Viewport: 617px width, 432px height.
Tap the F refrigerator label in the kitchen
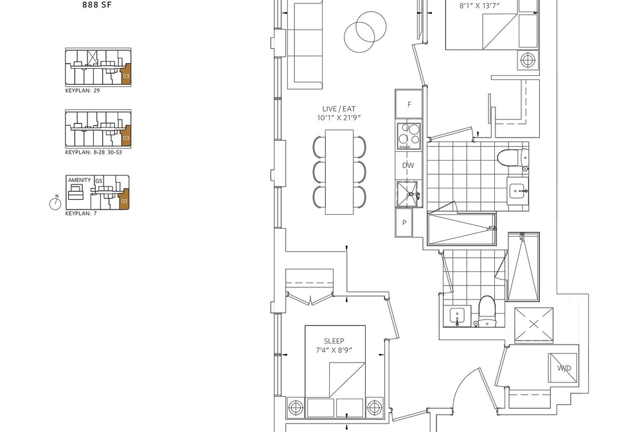(409, 105)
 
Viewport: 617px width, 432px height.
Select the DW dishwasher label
(408, 166)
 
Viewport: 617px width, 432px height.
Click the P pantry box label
(404, 222)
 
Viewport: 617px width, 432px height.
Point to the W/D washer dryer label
(564, 368)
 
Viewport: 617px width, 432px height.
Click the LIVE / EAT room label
(339, 109)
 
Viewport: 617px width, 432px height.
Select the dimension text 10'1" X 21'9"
(339, 118)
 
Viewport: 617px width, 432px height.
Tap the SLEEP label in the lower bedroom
(334, 341)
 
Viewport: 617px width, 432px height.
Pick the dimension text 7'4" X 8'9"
(334, 350)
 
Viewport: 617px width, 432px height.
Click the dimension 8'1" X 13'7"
(479, 6)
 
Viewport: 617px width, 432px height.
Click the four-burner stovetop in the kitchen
(409, 136)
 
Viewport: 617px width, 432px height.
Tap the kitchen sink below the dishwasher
(408, 194)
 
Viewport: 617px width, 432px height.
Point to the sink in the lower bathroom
(457, 317)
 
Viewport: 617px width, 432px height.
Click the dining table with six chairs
(339, 172)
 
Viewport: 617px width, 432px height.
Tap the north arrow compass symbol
(55, 203)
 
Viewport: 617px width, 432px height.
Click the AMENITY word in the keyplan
(80, 180)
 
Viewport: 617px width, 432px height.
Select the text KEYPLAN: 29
(83, 91)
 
